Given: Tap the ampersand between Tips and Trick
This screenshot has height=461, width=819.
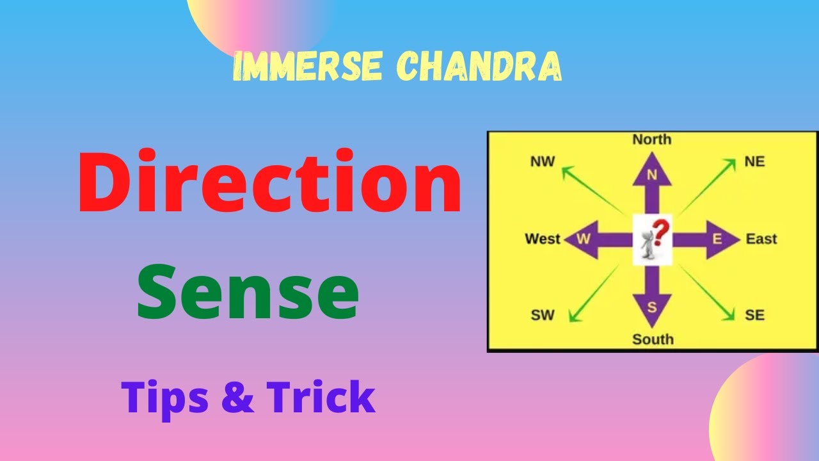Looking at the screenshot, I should pyautogui.click(x=239, y=397).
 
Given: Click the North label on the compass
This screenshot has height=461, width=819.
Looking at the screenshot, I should pyautogui.click(x=651, y=140).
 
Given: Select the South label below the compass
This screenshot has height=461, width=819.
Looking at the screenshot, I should pyautogui.click(x=653, y=339).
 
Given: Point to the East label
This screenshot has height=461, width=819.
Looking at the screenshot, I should pyautogui.click(x=761, y=239).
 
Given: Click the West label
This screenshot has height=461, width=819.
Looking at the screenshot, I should pyautogui.click(x=542, y=239).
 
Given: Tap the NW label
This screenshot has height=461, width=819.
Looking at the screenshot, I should pyautogui.click(x=542, y=161).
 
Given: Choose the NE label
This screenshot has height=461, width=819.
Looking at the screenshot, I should pyautogui.click(x=754, y=161).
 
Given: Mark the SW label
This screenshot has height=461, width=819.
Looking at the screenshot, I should pyautogui.click(x=542, y=315).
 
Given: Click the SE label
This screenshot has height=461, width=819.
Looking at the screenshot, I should pyautogui.click(x=754, y=315).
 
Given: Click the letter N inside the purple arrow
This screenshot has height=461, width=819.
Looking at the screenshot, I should pyautogui.click(x=652, y=175).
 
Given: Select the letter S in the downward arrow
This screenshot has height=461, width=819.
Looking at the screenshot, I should pyautogui.click(x=652, y=307).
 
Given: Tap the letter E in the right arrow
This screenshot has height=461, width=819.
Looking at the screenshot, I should pyautogui.click(x=717, y=239).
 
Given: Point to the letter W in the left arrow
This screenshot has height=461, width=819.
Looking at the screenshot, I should pyautogui.click(x=583, y=239).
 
